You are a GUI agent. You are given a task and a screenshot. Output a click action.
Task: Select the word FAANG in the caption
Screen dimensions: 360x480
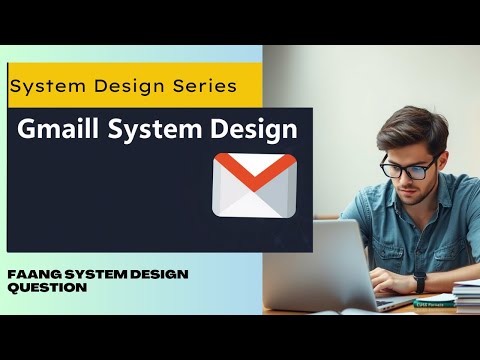pyautogui.click(x=32, y=274)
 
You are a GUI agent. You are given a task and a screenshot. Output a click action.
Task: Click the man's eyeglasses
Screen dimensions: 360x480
pyautogui.click(x=409, y=166)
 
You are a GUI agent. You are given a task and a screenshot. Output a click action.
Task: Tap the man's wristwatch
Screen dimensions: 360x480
pyautogui.click(x=420, y=283)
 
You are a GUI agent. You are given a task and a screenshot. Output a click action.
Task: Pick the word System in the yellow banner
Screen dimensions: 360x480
pyautogui.click(x=43, y=86)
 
